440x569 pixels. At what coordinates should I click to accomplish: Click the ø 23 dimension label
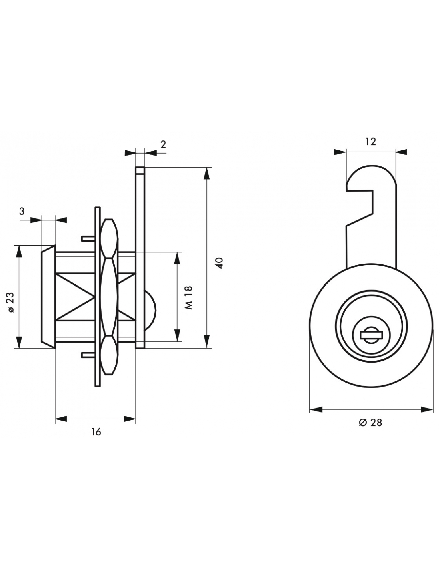pos(12,302)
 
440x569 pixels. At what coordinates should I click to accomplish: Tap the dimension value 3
pos(22,211)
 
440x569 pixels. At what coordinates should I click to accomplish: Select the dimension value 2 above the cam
pos(163,144)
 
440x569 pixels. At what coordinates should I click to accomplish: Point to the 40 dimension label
pos(220,263)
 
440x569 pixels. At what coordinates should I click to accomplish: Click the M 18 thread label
pos(188,297)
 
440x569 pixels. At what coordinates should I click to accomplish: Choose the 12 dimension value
pos(371,141)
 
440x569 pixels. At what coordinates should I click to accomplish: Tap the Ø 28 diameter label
pos(370,430)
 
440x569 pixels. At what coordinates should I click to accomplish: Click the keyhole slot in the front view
pos(372,335)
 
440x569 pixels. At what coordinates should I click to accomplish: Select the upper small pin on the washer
pos(88,238)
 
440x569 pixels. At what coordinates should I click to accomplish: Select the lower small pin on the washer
pos(88,355)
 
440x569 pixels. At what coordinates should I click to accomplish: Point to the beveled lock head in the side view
pos(48,297)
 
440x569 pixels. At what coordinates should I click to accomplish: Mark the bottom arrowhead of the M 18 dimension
pos(178,335)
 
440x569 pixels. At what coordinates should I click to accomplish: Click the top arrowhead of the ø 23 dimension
pos(19,252)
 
